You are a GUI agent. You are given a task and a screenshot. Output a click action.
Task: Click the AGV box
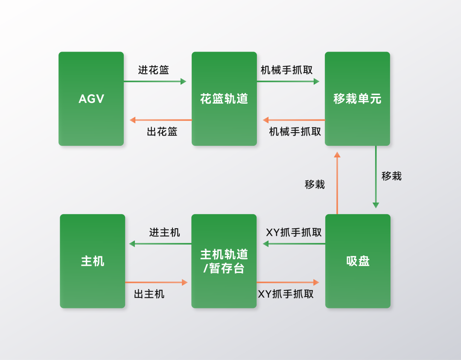coord(91,99)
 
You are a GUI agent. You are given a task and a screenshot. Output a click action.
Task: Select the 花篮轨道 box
coord(224,99)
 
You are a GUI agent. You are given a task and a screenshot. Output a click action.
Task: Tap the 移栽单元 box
coord(357,99)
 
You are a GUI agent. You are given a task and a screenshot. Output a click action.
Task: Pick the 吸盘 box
coord(358,261)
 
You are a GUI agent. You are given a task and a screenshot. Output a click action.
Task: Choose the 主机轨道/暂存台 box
coord(224,261)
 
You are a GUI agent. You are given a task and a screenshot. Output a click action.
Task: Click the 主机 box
coord(92,261)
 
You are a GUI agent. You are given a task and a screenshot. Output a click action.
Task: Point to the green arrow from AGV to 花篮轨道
coord(155,81)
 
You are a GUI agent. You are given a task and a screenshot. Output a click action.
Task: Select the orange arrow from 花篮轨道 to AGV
coord(160,120)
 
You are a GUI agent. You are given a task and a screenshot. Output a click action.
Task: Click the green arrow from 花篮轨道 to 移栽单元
coord(288,81)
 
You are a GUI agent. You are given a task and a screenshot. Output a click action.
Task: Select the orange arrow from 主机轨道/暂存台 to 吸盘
coord(288,282)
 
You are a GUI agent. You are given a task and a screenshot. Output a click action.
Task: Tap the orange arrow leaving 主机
coord(156,282)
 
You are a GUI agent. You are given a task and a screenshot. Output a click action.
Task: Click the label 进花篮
coord(154,70)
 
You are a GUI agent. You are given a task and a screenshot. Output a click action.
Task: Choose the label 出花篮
coord(162,131)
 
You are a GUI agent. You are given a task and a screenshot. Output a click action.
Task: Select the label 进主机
coord(164,232)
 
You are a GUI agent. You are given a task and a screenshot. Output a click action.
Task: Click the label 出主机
coord(149,294)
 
